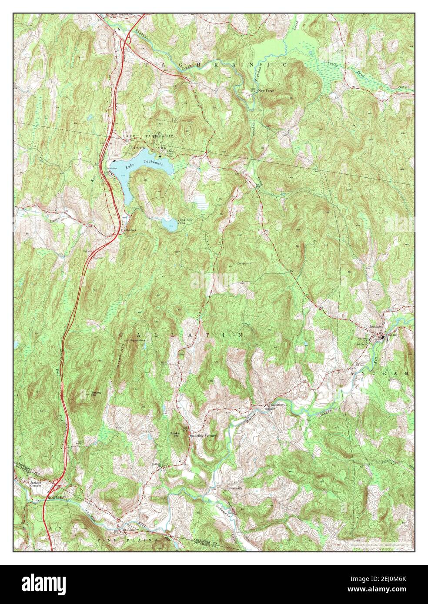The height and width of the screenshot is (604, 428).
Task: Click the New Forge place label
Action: click(267, 91)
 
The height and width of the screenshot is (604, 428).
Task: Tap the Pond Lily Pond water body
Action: click(169, 224)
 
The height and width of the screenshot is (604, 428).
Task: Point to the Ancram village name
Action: click(375, 326)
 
